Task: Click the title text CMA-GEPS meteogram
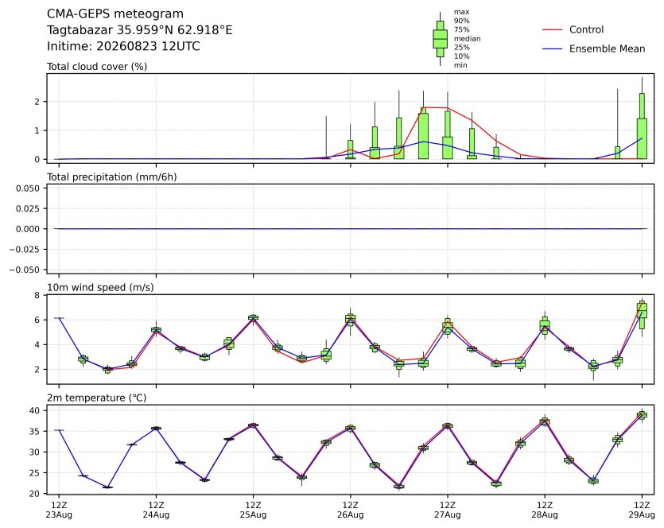coord(115,14)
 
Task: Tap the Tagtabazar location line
coord(139,30)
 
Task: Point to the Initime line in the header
coord(123,46)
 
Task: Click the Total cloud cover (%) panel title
coord(97,67)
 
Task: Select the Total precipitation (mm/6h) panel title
coord(112,177)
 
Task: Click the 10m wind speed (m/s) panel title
coord(100,288)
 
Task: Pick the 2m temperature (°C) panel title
coord(96,398)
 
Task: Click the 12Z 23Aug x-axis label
coord(59,510)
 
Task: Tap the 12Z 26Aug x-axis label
coord(350,510)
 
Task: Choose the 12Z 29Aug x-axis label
coord(642,510)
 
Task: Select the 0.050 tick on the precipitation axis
coord(28,188)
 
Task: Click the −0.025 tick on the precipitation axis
coord(25,250)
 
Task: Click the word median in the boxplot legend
coord(467,38)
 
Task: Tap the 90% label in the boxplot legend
coord(461,21)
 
